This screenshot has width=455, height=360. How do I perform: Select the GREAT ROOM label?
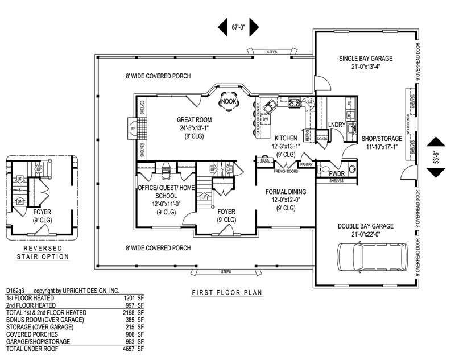click(194, 120)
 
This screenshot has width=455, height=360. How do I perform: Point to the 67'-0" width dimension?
click(238, 26)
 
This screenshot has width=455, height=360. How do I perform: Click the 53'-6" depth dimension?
click(436, 158)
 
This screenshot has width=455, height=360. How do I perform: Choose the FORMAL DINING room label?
click(286, 192)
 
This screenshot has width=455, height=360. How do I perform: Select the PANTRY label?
click(306, 164)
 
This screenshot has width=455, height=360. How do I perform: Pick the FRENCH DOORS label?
click(286, 171)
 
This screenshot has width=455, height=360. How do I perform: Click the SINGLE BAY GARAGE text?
click(366, 58)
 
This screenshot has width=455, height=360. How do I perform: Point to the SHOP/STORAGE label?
click(380, 138)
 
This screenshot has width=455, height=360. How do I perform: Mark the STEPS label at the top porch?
click(272, 52)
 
